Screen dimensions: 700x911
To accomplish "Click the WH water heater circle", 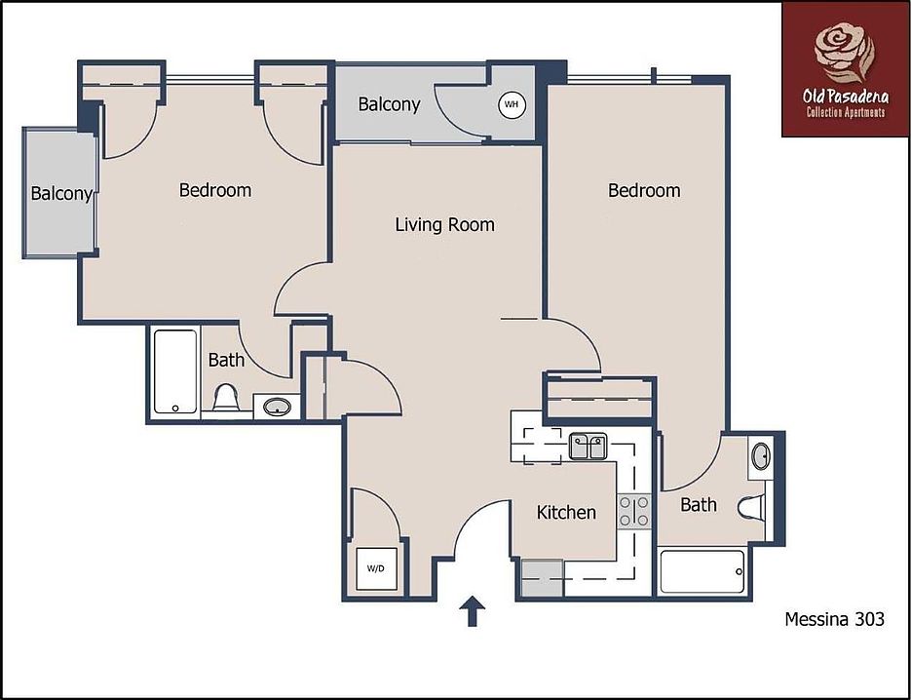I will [x=511, y=103].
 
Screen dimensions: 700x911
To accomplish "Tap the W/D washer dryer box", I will [x=375, y=567].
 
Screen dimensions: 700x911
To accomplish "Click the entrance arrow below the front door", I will [x=473, y=611].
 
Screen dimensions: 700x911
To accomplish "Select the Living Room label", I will [x=444, y=225].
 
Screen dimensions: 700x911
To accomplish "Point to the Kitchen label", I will [x=566, y=512].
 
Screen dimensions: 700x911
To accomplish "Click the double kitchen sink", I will [x=588, y=446].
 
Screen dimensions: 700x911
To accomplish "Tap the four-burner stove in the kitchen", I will [x=634, y=512].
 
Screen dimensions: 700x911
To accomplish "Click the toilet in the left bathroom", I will [x=226, y=398].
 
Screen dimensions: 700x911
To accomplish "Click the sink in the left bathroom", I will [x=277, y=406].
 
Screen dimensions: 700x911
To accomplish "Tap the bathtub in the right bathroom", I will [x=702, y=571].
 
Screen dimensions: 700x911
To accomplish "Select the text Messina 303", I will [x=834, y=618].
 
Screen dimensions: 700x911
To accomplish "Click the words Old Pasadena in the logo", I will [x=844, y=97].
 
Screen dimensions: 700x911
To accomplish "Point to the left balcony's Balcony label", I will [x=60, y=193].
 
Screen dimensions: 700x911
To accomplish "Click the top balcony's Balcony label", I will [x=389, y=104].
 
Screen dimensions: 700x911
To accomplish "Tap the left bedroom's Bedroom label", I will [x=214, y=190].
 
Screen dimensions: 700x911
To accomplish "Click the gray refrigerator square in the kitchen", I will [x=542, y=577].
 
